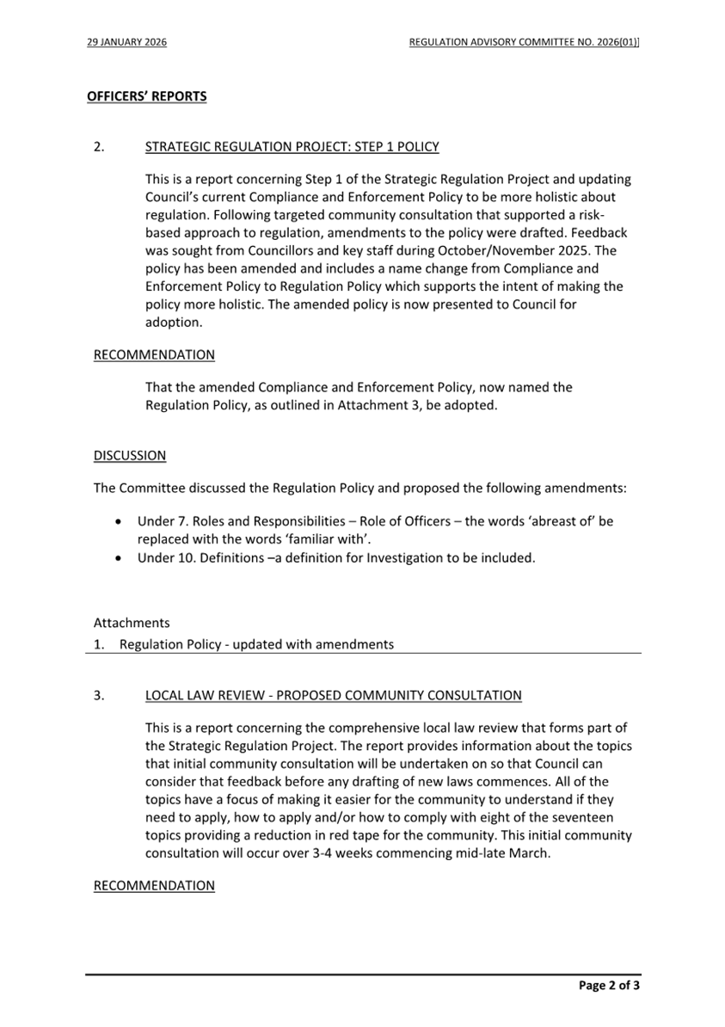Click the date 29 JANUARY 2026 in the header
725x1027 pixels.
tap(126, 41)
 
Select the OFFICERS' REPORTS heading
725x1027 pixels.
tap(146, 96)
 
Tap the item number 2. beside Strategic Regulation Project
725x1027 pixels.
tap(99, 147)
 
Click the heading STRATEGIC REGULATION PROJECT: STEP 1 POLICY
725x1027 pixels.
tap(292, 147)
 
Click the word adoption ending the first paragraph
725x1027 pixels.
tap(173, 323)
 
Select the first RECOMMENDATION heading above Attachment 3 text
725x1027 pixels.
tap(154, 354)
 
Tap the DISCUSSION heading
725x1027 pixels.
tap(130, 455)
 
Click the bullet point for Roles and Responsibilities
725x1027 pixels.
tap(119, 521)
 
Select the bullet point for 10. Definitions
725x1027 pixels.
tap(119, 557)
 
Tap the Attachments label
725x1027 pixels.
tap(132, 622)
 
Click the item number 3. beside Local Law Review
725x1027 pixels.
tap(99, 695)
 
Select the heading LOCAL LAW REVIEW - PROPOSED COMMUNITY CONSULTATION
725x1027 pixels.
tap(333, 695)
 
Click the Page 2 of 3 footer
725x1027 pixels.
tap(609, 986)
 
